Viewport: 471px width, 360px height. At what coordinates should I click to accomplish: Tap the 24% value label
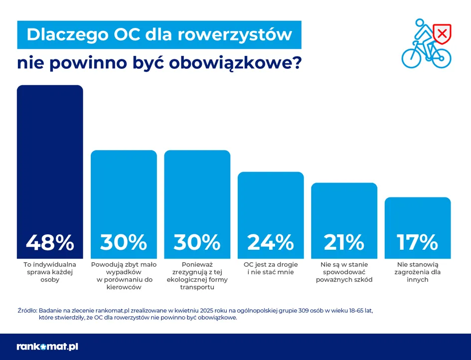tap(271, 242)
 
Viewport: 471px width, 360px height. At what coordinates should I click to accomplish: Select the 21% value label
tap(344, 242)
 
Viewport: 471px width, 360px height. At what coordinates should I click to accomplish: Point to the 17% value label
tap(418, 242)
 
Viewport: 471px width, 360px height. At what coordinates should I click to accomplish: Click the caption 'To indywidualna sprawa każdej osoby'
tap(50, 272)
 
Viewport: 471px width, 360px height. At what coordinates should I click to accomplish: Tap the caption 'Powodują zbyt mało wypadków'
tap(124, 276)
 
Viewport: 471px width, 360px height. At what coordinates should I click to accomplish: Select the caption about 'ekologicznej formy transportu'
tap(197, 276)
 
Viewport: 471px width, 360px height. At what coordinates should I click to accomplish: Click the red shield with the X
tap(441, 33)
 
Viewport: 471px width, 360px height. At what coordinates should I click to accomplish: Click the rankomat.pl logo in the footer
tap(47, 347)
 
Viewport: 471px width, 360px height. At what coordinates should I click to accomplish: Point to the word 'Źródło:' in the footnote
tap(27, 310)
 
